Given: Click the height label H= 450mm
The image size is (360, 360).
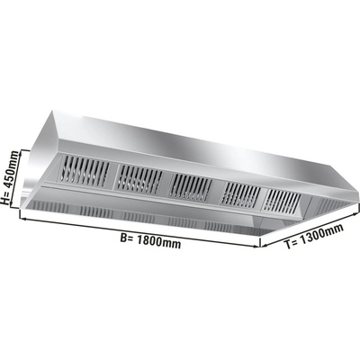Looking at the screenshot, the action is pyautogui.click(x=10, y=177).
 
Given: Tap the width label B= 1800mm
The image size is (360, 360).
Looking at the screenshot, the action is pyautogui.click(x=150, y=240).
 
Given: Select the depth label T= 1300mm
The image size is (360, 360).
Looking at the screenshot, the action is pyautogui.click(x=314, y=238).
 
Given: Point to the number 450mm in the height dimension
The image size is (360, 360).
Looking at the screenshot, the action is pyautogui.click(x=12, y=170).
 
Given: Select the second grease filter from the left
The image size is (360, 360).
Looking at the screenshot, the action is pyautogui.click(x=139, y=180).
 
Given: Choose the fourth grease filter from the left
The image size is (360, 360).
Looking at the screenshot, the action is pyautogui.click(x=242, y=195).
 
